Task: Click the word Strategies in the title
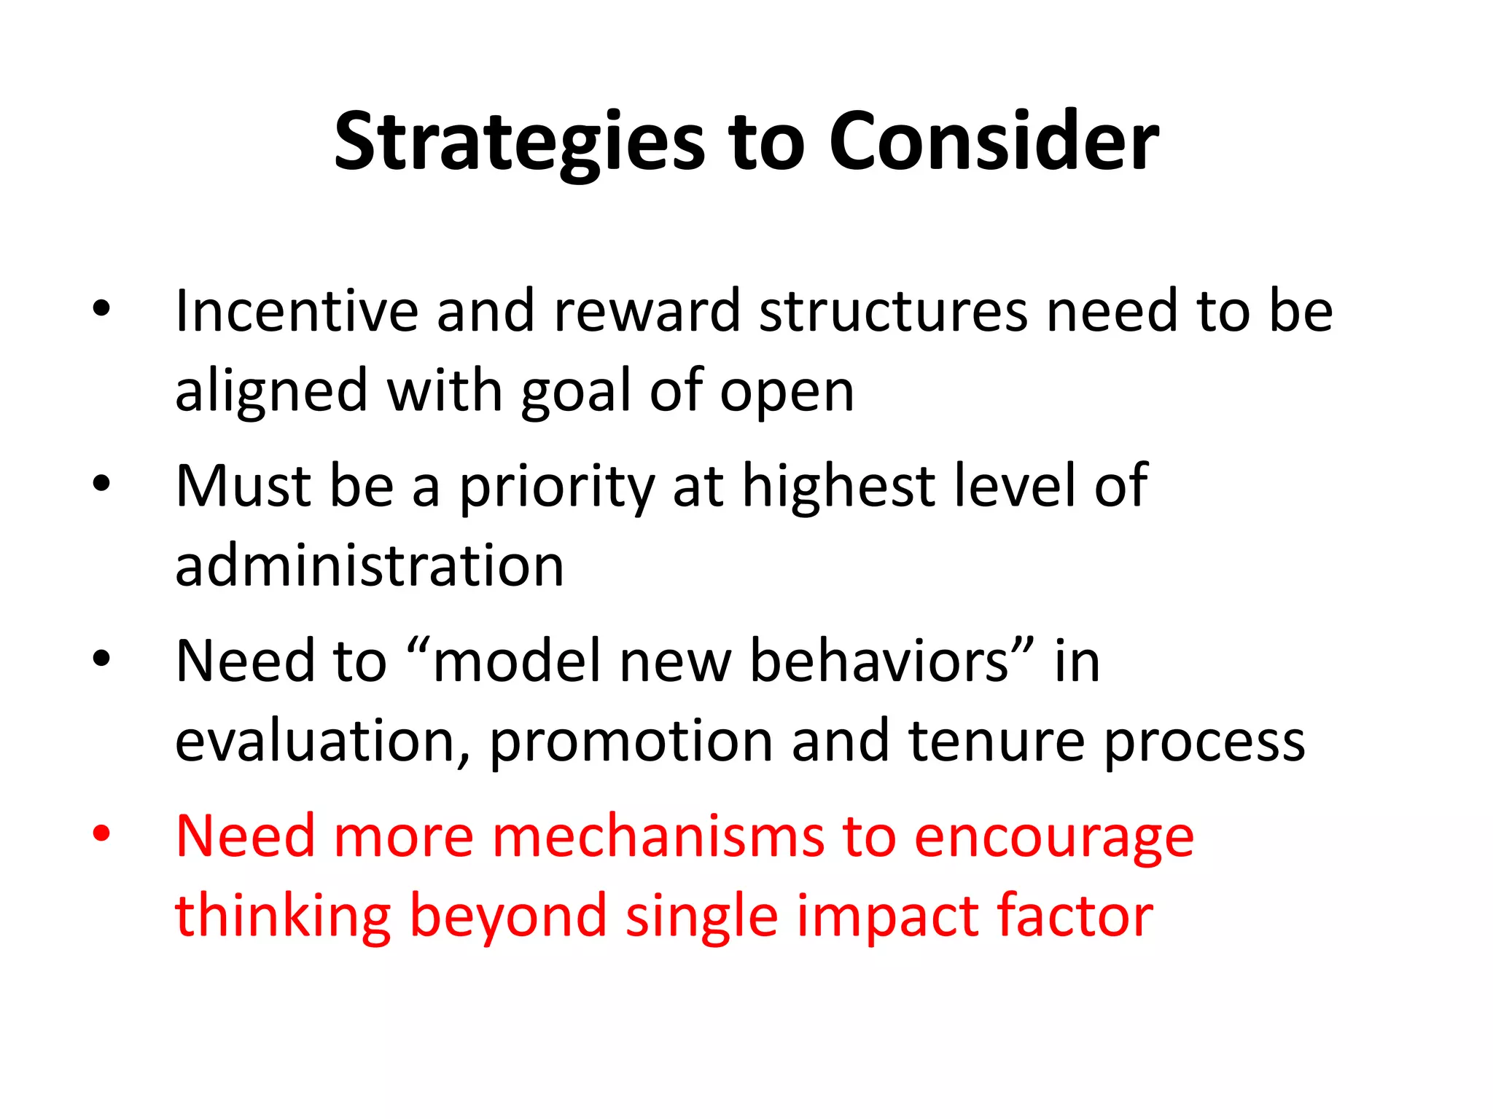point(519,143)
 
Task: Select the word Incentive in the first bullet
point(296,311)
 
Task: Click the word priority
point(557,488)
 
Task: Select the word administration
point(370,566)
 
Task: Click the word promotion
point(631,742)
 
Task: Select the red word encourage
point(1053,838)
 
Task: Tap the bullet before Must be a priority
point(101,483)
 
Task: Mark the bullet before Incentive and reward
point(101,308)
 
